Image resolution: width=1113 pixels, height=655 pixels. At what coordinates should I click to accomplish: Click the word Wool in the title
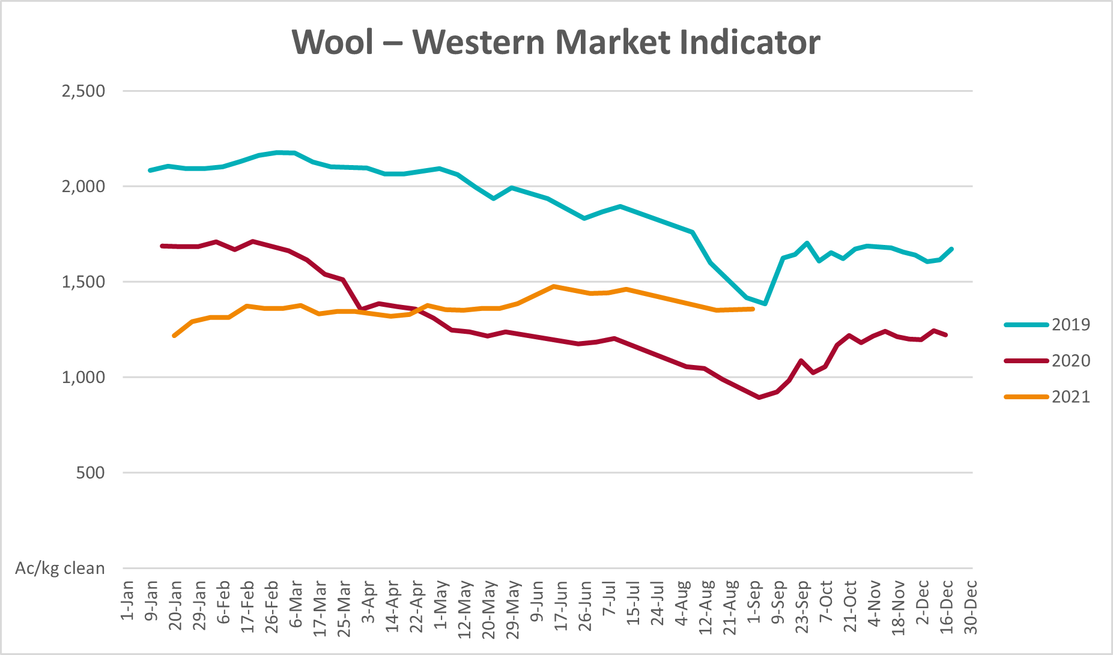click(333, 43)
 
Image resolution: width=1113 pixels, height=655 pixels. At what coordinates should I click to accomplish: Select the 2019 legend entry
click(1070, 325)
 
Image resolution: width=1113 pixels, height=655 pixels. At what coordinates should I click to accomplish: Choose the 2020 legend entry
click(1070, 361)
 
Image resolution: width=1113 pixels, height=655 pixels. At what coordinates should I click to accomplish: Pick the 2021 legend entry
click(1070, 397)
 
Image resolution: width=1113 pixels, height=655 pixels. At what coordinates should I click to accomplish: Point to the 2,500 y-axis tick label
click(83, 91)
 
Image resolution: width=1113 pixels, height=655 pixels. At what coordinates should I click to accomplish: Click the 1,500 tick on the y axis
click(83, 282)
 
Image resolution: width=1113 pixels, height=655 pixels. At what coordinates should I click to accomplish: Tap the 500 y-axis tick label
click(91, 473)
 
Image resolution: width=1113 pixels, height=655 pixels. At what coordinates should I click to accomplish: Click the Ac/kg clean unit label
click(60, 569)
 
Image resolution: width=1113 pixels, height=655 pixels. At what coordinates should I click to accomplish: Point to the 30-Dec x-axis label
click(971, 606)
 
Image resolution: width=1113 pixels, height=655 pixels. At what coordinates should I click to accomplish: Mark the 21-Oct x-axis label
click(850, 605)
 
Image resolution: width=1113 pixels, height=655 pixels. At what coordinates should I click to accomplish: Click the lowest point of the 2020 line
click(759, 397)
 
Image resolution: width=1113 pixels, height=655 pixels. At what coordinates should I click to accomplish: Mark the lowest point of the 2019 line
click(765, 304)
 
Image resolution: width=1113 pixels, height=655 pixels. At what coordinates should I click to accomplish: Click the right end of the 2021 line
click(753, 309)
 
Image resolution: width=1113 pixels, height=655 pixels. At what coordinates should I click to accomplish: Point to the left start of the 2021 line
click(174, 336)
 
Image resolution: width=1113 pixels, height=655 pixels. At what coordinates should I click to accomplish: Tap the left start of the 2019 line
click(150, 171)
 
